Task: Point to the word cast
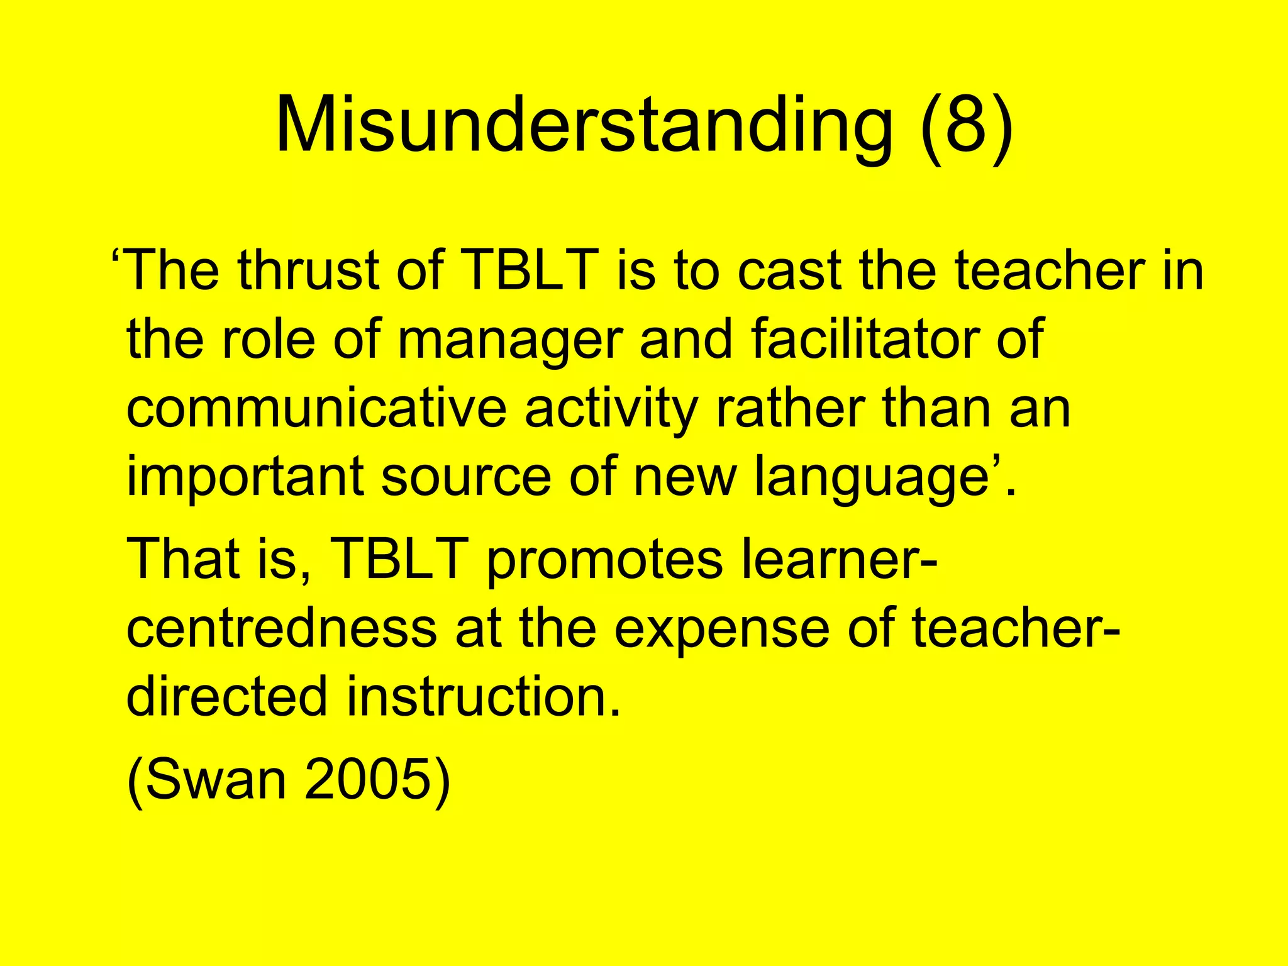(789, 270)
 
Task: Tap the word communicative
(316, 409)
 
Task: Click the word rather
(790, 409)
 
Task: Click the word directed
(227, 696)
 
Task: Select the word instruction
(483, 696)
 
